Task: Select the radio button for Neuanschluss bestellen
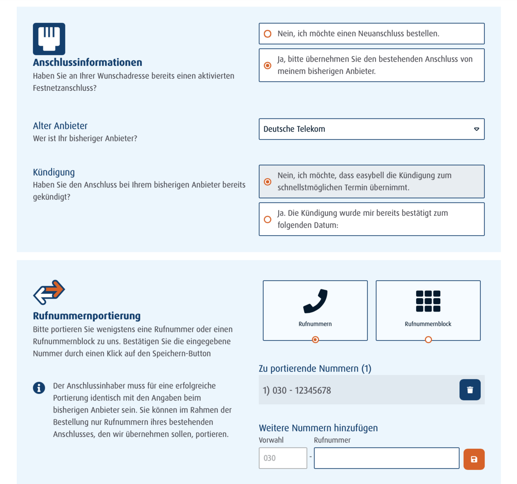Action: pyautogui.click(x=268, y=34)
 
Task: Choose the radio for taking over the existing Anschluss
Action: pyautogui.click(x=268, y=65)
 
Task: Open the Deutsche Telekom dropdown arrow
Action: pyautogui.click(x=477, y=129)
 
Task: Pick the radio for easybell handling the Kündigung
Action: pyautogui.click(x=268, y=182)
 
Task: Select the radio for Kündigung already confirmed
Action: pyautogui.click(x=268, y=220)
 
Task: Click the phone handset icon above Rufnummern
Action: pyautogui.click(x=315, y=301)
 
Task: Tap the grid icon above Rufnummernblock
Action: pyautogui.click(x=428, y=301)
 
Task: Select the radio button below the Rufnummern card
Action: pyautogui.click(x=315, y=340)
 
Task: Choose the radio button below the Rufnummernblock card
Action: pyautogui.click(x=428, y=340)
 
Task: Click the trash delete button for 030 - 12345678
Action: pyautogui.click(x=470, y=390)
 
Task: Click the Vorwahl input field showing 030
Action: pyautogui.click(x=283, y=458)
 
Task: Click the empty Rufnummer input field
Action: pyautogui.click(x=386, y=458)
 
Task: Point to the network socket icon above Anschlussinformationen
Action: pyautogui.click(x=49, y=39)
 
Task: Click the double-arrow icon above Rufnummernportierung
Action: pyautogui.click(x=49, y=292)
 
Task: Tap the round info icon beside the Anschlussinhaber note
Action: pyautogui.click(x=39, y=388)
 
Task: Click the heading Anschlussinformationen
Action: pyautogui.click(x=87, y=62)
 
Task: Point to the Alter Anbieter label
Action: pyautogui.click(x=60, y=126)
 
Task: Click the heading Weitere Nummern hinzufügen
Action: pyautogui.click(x=318, y=428)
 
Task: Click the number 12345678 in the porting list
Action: pyautogui.click(x=313, y=391)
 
